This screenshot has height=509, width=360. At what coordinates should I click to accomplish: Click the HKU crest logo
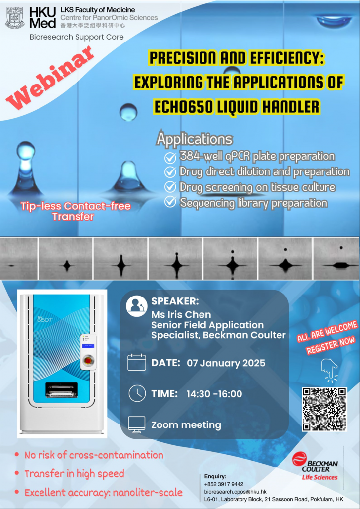tap(15, 17)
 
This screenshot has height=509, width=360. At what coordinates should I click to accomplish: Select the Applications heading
tap(194, 139)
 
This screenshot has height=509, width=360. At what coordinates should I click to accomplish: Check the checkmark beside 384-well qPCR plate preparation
tap(170, 158)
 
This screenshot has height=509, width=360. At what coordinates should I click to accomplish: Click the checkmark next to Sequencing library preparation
tap(170, 203)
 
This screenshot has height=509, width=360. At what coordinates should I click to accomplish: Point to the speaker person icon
tap(136, 306)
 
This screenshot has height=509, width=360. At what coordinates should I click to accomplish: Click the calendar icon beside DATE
tap(137, 362)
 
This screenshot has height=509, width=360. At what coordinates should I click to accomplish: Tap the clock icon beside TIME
tap(137, 393)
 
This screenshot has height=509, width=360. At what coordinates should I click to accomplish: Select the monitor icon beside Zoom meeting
tap(137, 424)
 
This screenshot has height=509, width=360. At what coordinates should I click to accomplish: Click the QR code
tap(324, 409)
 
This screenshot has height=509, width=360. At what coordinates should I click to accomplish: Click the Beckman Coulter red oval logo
tap(299, 459)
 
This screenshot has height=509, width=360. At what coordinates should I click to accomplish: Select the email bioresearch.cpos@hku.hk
tap(236, 492)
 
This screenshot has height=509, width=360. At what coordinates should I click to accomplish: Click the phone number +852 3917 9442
tap(224, 484)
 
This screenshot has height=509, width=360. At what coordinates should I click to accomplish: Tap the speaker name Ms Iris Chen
tap(181, 315)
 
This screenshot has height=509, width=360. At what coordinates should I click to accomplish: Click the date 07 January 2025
tap(226, 363)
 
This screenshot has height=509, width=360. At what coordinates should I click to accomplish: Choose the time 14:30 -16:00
tap(214, 394)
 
